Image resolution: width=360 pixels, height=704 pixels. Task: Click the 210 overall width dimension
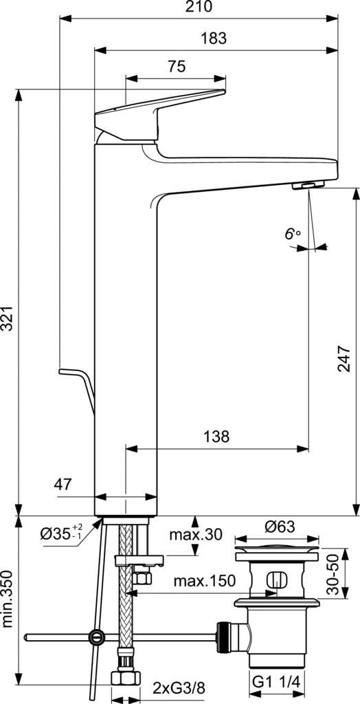(x=199, y=6)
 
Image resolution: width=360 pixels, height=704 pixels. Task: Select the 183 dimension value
(x=213, y=38)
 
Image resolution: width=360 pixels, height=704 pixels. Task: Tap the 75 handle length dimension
(x=177, y=67)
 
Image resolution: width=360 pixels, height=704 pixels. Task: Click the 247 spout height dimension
(x=344, y=358)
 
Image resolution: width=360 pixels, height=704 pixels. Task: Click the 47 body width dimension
(x=63, y=484)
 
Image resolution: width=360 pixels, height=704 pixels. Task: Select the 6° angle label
(x=292, y=234)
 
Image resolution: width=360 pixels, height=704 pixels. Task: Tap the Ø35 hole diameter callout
(x=62, y=533)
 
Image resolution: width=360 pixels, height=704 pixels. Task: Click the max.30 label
(x=195, y=534)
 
